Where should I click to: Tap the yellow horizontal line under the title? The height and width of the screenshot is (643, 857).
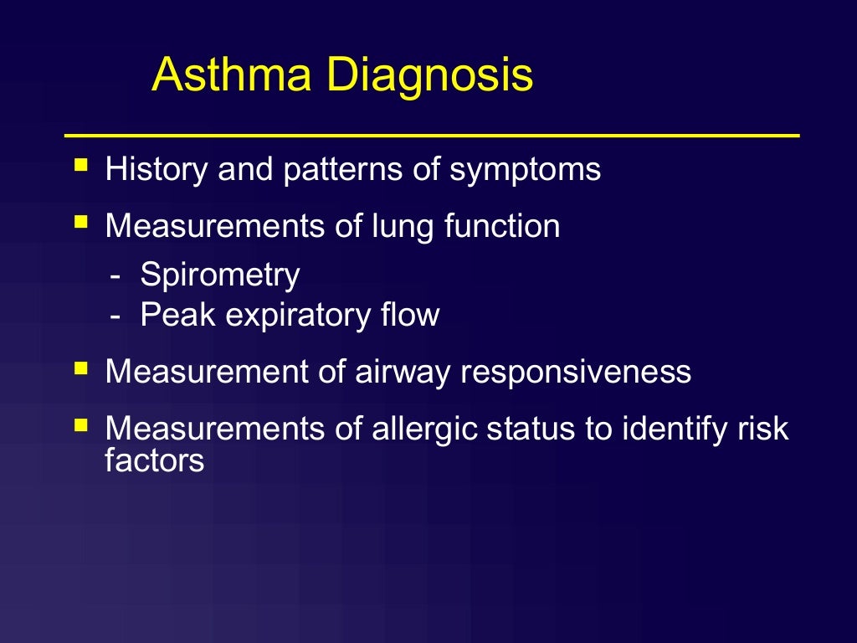[x=432, y=135]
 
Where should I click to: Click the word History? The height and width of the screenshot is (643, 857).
[x=157, y=170]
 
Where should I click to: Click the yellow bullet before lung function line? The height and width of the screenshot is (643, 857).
[x=80, y=222]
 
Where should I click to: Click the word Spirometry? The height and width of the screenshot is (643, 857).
[x=220, y=275]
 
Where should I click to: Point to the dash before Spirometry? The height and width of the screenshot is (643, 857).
[x=116, y=275]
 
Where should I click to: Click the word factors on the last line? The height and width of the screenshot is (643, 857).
[x=155, y=460]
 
